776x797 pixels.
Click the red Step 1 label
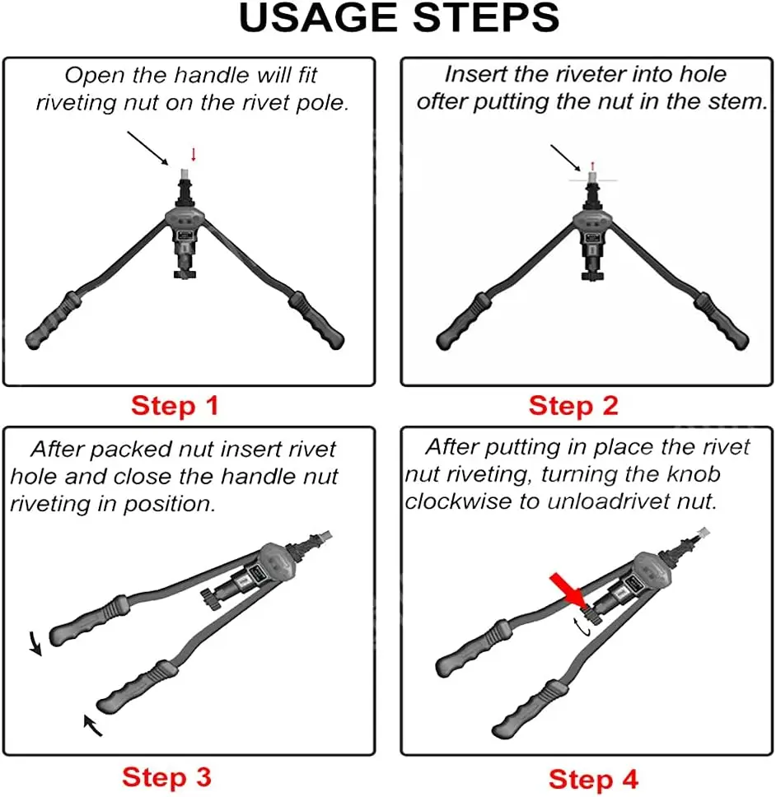[175, 406]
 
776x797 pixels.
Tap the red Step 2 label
[573, 406]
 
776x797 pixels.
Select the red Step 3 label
[166, 777]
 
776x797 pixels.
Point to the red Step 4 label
[593, 779]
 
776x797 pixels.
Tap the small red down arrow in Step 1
[194, 155]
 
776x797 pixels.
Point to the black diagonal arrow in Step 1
[147, 148]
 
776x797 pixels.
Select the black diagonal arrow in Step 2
[565, 158]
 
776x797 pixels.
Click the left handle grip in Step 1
[54, 321]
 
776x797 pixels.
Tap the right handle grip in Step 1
[316, 320]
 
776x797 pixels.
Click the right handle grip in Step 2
[721, 321]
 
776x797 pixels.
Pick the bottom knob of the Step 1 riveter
[185, 274]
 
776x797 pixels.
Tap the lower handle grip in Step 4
[529, 710]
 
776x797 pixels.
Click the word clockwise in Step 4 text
[458, 501]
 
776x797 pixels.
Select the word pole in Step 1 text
[320, 103]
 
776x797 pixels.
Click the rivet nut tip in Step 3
[325, 535]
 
